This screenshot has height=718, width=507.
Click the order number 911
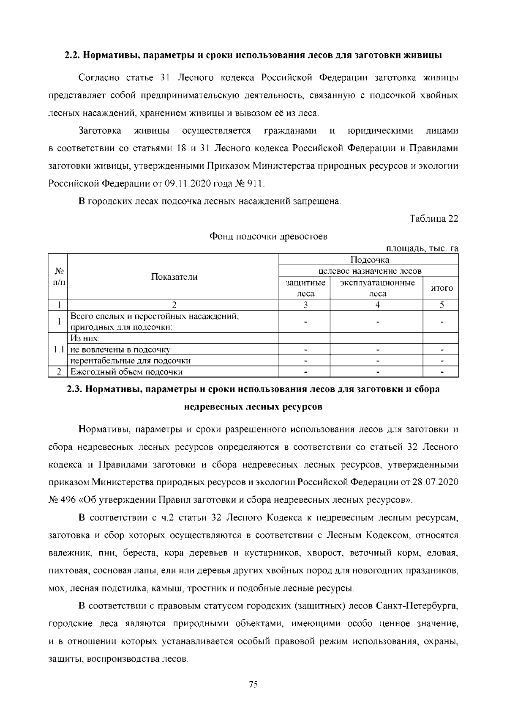(256, 184)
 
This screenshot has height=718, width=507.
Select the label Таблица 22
(433, 219)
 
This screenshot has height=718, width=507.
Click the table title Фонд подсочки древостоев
(268, 237)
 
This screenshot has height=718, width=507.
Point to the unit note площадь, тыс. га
(422, 249)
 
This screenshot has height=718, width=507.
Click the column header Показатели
(174, 277)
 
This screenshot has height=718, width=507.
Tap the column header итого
(441, 288)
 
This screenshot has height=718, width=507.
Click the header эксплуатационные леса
(377, 288)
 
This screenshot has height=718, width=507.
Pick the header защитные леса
(305, 288)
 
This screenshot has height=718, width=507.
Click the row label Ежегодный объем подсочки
(126, 372)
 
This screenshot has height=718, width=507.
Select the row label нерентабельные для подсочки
(130, 361)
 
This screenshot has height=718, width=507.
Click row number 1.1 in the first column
(58, 349)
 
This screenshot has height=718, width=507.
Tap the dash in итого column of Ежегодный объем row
(442, 372)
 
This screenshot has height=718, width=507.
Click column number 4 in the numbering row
(377, 305)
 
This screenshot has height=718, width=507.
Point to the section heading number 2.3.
(74, 389)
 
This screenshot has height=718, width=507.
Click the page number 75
(253, 685)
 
